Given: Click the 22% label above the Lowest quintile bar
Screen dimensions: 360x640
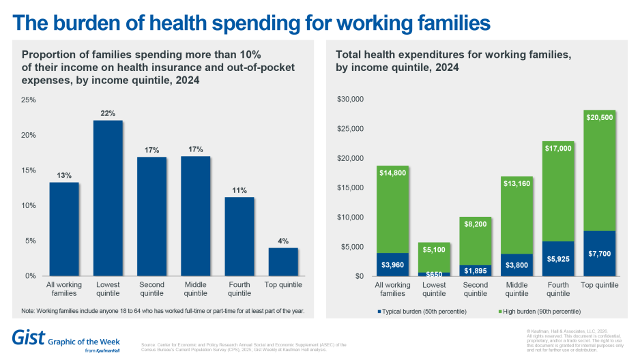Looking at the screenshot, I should pyautogui.click(x=108, y=113).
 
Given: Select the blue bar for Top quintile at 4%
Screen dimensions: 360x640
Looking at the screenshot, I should pyautogui.click(x=283, y=262).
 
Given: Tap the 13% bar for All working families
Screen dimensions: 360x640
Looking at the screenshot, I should pyautogui.click(x=64, y=228).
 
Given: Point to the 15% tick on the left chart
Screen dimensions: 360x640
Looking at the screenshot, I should pyautogui.click(x=29, y=170).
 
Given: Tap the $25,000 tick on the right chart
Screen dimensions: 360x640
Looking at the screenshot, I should pyautogui.click(x=350, y=129).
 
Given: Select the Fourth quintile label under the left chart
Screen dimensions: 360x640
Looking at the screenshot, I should pyautogui.click(x=239, y=289).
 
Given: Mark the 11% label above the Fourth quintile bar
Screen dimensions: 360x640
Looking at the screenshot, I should pyautogui.click(x=239, y=190).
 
